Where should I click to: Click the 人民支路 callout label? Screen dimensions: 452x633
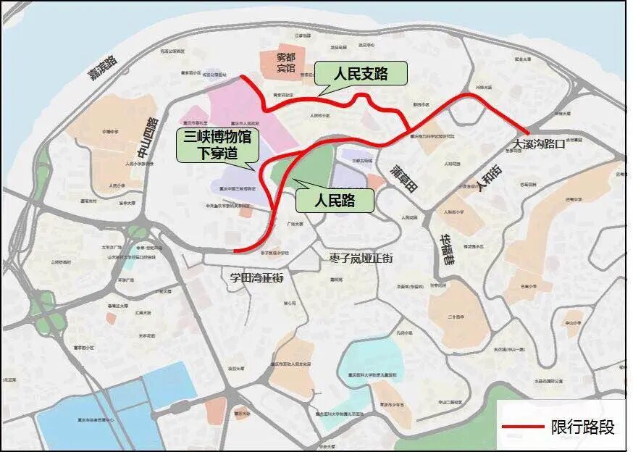click(361, 73)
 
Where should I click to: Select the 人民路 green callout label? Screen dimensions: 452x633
click(334, 200)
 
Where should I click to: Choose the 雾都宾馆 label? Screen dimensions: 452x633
click(276, 63)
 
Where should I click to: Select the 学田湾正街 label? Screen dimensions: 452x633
click(256, 277)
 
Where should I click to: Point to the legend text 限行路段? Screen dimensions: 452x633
click(582, 427)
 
